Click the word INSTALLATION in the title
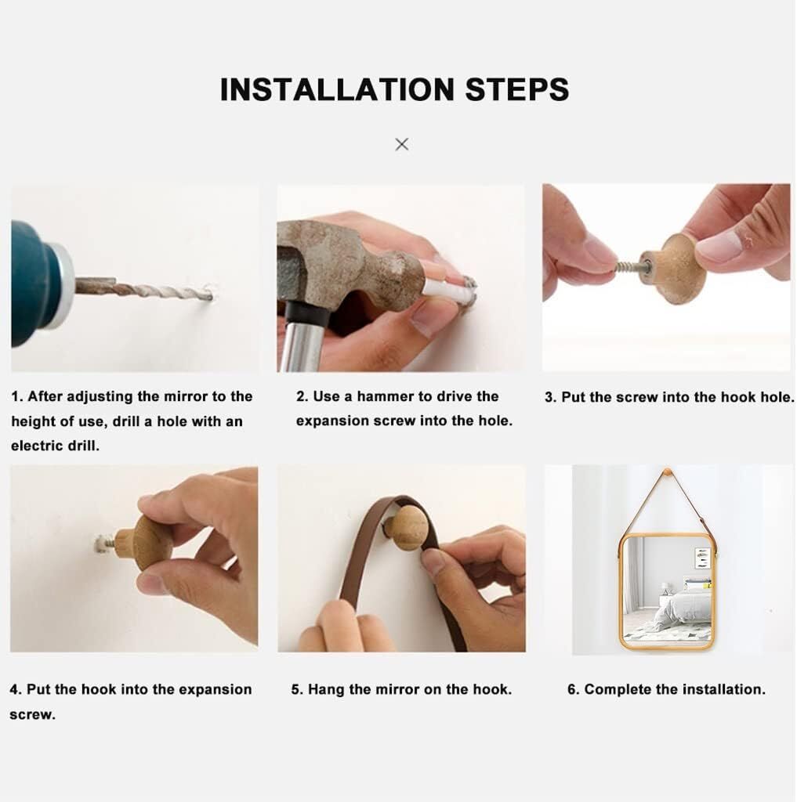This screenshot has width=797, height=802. [x=337, y=89]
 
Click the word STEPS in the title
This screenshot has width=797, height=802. [x=517, y=89]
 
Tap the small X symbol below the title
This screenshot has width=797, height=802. [x=402, y=144]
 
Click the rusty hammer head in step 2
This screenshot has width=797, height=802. [x=348, y=261]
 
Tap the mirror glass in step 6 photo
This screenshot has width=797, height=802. [x=666, y=588]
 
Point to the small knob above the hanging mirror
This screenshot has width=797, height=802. [x=666, y=471]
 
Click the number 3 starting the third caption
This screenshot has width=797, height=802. [x=550, y=397]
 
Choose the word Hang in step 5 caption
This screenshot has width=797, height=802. [x=327, y=689]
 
